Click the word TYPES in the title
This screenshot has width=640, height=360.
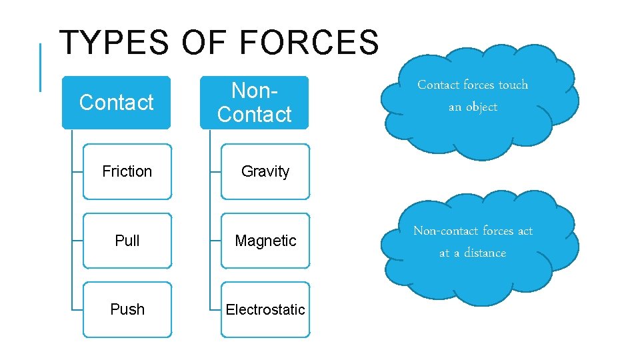click(x=113, y=43)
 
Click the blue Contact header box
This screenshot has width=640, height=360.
click(x=116, y=102)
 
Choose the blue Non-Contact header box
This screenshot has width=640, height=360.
click(x=254, y=102)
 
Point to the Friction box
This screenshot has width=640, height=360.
click(x=127, y=171)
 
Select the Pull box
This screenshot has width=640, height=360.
click(x=127, y=241)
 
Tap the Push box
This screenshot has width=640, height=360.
click(x=127, y=309)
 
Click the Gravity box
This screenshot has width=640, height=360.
click(x=265, y=171)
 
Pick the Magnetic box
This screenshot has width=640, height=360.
click(x=265, y=241)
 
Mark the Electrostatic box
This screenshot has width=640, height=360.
click(x=265, y=309)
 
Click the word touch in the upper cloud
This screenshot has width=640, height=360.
click(x=513, y=85)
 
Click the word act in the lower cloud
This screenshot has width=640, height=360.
click(x=525, y=231)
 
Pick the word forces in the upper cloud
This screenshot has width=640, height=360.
click(x=479, y=85)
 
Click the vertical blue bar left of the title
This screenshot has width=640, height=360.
click(x=40, y=67)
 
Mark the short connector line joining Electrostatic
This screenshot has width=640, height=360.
click(x=215, y=310)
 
